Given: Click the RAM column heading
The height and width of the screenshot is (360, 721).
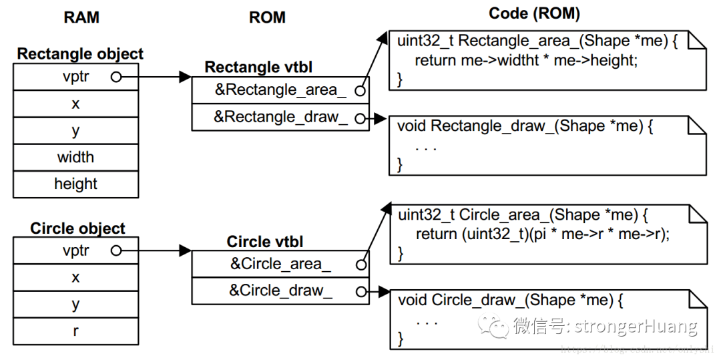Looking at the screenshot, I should (81, 17).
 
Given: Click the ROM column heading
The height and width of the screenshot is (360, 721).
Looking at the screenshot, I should (267, 17).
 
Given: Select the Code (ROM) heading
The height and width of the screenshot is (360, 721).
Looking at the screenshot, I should (534, 13).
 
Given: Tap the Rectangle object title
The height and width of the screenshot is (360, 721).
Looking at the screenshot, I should (80, 54).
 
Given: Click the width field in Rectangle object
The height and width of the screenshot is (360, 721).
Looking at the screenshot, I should (75, 158).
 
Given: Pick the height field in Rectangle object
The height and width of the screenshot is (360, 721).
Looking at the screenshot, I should (75, 184).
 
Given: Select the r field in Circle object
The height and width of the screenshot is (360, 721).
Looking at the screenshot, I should (75, 331).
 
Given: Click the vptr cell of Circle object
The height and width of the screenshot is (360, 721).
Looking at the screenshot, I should (75, 251).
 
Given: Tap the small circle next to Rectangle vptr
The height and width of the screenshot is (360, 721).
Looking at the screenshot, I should (116, 77).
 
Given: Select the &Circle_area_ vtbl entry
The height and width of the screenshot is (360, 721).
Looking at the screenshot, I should (280, 264).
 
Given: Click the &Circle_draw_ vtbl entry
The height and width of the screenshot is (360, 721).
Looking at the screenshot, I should (280, 291).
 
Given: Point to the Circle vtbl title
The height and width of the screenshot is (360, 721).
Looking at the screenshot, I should (265, 241).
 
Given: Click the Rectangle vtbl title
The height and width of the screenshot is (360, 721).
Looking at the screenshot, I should (258, 67).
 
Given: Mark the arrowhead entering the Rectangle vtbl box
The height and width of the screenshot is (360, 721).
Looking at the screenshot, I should (185, 77).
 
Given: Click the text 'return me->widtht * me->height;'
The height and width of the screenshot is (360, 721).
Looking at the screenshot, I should (526, 60).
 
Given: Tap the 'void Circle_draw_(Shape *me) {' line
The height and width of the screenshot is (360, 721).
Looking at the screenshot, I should (511, 300).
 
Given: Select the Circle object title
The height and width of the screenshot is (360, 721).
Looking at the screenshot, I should (77, 228).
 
